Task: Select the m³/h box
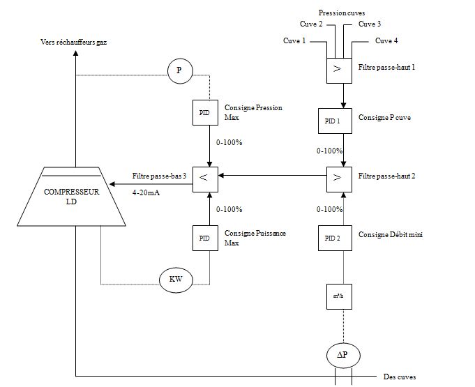[339, 296]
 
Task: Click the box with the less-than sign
[204, 176]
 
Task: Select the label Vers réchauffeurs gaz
[73, 42]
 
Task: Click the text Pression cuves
[341, 13]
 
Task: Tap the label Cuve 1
[294, 40]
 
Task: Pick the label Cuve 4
[386, 40]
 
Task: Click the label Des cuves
[400, 377]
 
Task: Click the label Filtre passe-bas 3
[160, 175]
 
